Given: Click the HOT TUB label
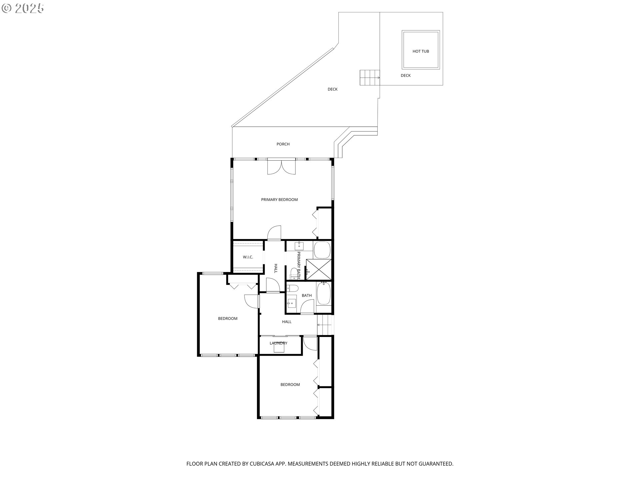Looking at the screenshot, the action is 421,51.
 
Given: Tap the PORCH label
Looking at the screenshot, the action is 283,144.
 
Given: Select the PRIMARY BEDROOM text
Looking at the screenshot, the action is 279,200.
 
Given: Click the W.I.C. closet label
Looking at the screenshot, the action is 248,257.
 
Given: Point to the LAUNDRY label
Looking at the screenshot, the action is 278,343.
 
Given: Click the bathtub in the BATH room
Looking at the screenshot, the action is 323,293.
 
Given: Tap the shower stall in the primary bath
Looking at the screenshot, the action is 319,269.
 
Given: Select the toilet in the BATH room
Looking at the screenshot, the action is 293,288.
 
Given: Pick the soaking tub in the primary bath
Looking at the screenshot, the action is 322,250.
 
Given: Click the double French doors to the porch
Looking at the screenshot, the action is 281,166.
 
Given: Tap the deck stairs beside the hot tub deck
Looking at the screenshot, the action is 370,78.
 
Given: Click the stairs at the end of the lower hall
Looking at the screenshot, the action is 325,325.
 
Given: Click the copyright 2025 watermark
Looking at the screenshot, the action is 23,8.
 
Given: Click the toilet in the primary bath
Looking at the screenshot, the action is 293,273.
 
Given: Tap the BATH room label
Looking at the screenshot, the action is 307,295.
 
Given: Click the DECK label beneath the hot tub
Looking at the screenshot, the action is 406,75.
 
